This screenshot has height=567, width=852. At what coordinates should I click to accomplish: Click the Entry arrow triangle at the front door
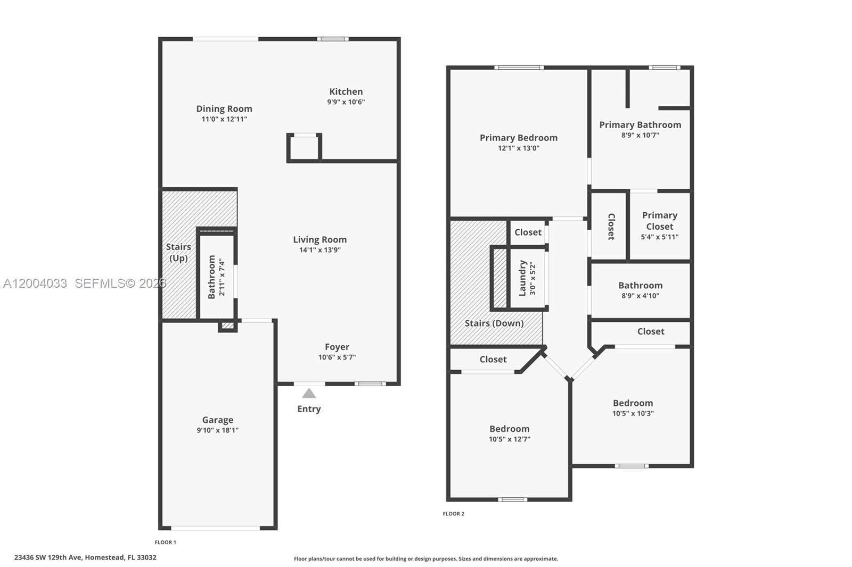309,394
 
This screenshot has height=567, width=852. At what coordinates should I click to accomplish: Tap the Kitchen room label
346,91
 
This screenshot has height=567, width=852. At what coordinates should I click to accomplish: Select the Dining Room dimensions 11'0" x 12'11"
224,119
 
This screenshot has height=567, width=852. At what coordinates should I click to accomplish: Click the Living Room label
319,239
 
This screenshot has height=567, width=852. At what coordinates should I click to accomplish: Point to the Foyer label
337,347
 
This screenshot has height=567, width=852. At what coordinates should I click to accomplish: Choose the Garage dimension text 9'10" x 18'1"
217,430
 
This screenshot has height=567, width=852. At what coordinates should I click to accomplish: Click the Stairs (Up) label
178,252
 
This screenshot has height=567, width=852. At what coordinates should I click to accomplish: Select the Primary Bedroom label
519,137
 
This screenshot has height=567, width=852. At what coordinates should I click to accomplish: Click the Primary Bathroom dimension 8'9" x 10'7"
640,135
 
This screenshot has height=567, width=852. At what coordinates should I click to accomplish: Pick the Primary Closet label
660,221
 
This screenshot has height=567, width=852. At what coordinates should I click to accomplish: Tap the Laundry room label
522,278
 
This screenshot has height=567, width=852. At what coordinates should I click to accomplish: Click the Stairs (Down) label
494,323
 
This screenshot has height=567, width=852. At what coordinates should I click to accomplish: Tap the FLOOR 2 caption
454,514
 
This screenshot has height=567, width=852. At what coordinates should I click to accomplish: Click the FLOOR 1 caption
165,543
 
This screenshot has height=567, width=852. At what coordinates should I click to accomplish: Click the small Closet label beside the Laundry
528,232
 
